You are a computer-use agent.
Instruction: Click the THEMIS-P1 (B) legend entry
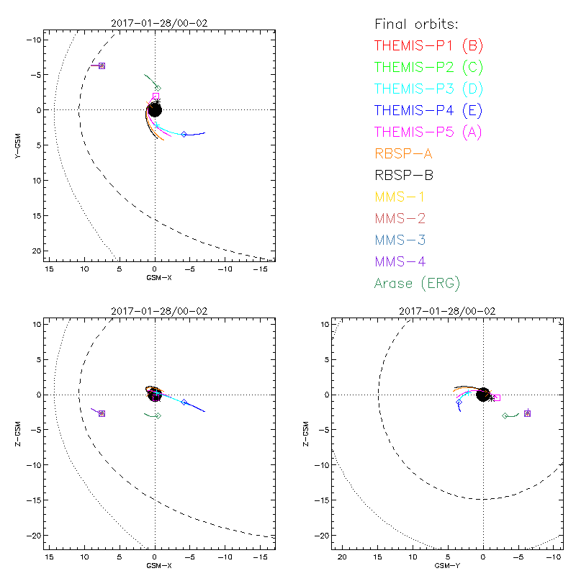[x=429, y=46]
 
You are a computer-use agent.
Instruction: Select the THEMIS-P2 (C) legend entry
[x=429, y=68]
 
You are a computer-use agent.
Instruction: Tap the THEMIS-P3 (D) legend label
[x=429, y=89]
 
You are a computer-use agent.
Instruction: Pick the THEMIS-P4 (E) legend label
[x=429, y=111]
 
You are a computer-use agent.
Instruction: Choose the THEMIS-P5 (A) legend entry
[x=429, y=132]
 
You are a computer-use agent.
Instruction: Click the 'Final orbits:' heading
[x=417, y=24]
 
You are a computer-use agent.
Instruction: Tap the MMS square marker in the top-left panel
[x=102, y=66]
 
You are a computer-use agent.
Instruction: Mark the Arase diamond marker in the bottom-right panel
[x=505, y=415]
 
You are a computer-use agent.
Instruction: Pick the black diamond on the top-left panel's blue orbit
[x=184, y=134]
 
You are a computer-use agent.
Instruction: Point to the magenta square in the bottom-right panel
[x=497, y=397]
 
